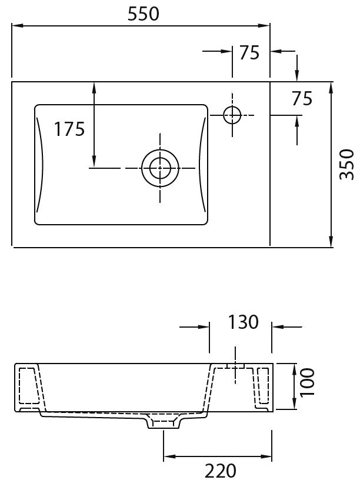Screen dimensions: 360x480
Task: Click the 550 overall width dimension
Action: (x=144, y=14)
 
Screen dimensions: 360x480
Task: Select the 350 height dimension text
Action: (x=347, y=164)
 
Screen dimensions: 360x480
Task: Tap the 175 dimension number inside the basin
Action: (x=69, y=129)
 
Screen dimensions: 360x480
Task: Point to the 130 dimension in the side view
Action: (x=244, y=322)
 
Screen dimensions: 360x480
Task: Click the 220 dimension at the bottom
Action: (x=221, y=471)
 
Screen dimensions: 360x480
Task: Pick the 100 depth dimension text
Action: (x=307, y=382)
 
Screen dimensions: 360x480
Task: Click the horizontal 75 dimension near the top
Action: (x=249, y=53)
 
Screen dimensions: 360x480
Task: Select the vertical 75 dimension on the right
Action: (x=302, y=99)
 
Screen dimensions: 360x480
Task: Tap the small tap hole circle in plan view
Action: (x=232, y=115)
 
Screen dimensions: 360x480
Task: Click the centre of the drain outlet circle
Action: (x=160, y=168)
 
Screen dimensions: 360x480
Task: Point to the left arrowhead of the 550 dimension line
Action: (x=18, y=26)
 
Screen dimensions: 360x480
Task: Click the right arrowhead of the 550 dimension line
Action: (x=264, y=26)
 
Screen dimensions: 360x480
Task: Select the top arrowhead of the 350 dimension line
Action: (x=331, y=88)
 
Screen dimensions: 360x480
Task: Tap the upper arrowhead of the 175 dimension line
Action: (x=94, y=88)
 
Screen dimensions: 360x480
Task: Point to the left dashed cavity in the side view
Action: (x=29, y=385)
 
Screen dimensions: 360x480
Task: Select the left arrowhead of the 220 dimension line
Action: (x=169, y=456)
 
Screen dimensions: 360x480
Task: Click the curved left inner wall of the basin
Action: (x=40, y=164)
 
